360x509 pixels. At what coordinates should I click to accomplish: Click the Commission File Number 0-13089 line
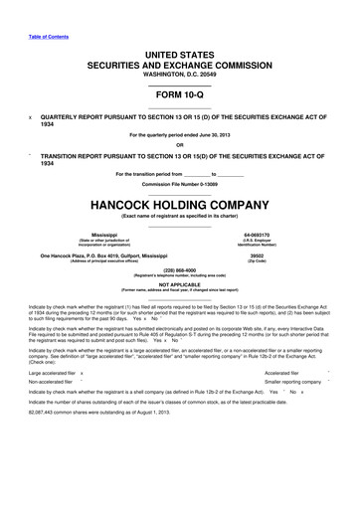pos(179,159)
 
